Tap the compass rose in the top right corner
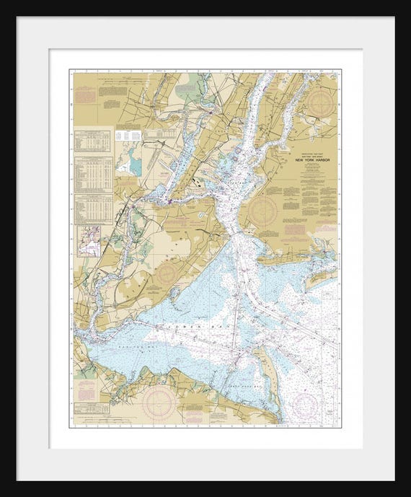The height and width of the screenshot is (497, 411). (x=322, y=103)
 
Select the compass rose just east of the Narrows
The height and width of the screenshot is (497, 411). (x=262, y=211)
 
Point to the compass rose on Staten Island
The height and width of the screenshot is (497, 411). (x=168, y=273)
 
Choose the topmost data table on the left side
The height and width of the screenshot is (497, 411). (x=94, y=141)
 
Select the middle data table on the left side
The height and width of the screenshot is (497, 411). (x=94, y=173)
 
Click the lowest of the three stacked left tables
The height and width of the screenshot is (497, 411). (x=94, y=207)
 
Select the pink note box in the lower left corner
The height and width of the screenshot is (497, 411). (x=86, y=390)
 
